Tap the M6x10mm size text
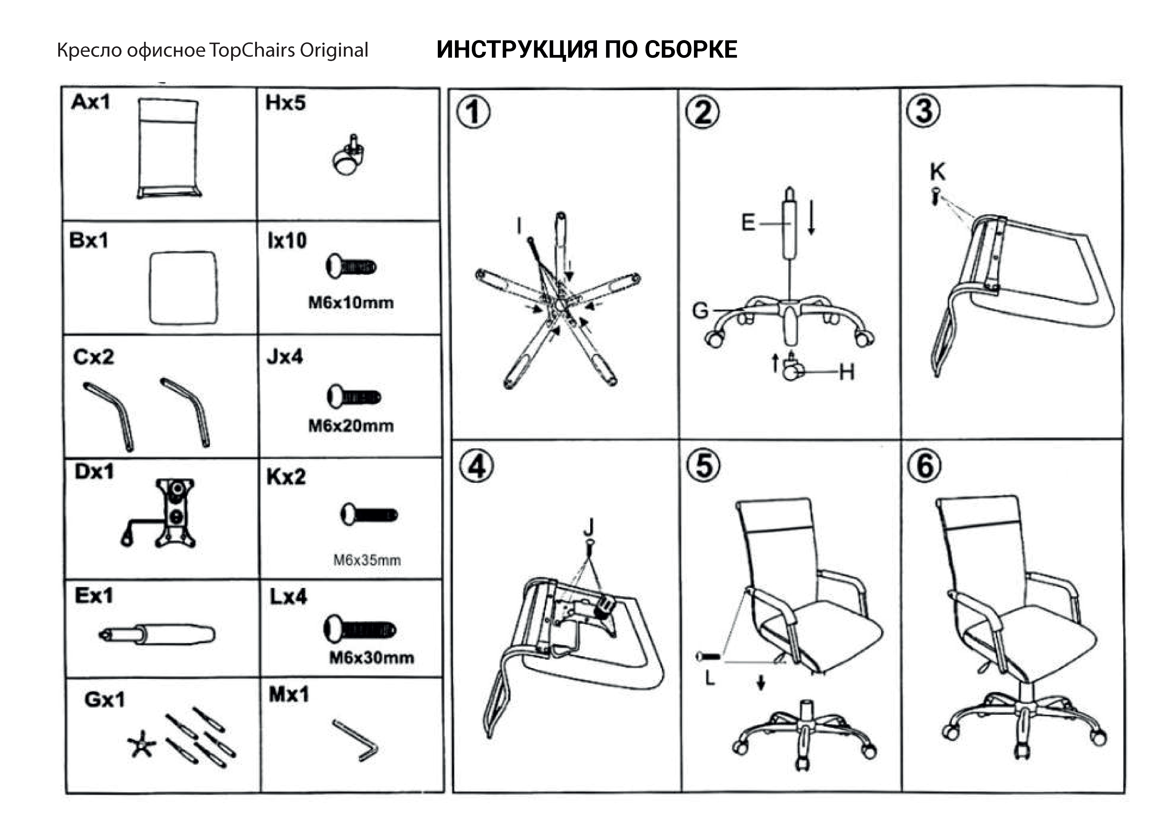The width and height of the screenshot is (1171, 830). [351, 303]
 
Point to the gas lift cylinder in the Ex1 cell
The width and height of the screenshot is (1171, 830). [157, 634]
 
